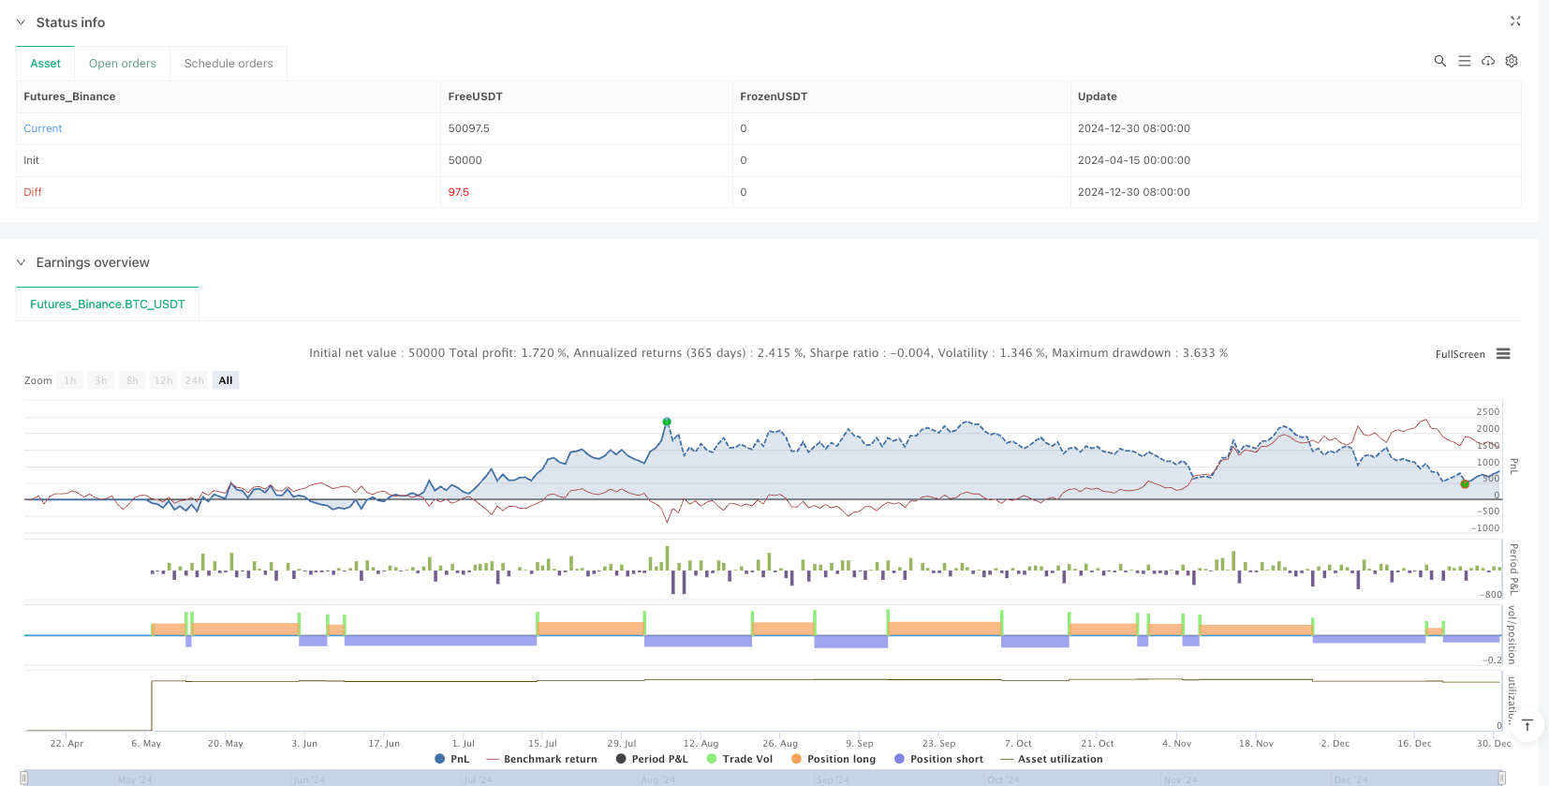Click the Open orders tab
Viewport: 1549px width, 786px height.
[x=122, y=64]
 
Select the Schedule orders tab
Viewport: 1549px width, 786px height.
[x=229, y=64]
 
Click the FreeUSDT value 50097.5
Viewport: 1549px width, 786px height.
[x=468, y=128]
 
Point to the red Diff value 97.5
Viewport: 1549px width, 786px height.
[x=458, y=192]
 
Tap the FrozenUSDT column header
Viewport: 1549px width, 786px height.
[x=773, y=96]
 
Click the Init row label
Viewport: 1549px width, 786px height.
[x=32, y=160]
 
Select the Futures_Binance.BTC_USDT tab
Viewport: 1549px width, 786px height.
[x=108, y=304]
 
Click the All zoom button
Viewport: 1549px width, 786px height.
[x=226, y=380]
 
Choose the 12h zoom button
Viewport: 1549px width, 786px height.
[x=163, y=380]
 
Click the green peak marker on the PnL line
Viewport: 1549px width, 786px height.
[x=667, y=422]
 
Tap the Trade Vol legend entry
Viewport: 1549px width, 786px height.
[x=746, y=759]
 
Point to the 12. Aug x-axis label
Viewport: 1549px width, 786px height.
[x=701, y=744]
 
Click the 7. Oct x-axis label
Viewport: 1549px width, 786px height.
[x=1018, y=744]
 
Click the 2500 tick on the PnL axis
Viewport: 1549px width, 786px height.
[x=1487, y=412]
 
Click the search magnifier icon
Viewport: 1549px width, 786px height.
[x=1440, y=61]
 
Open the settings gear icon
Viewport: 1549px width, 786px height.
[x=1512, y=61]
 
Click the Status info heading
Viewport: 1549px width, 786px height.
[x=70, y=22]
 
